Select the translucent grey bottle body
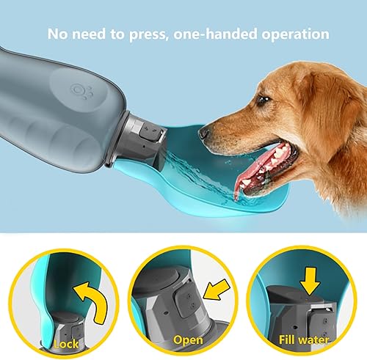(x=59, y=125)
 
